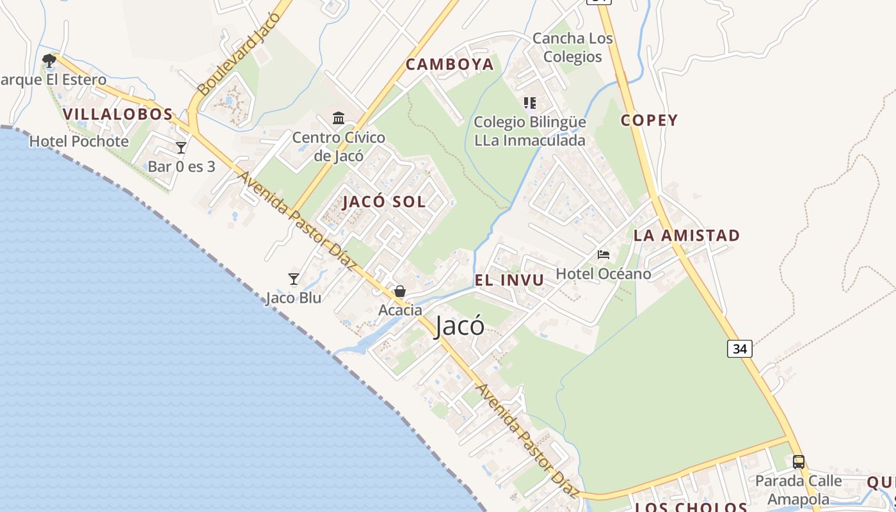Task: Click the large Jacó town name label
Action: (460, 326)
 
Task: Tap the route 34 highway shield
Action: (739, 349)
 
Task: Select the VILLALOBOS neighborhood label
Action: (118, 115)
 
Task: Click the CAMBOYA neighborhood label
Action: (450, 64)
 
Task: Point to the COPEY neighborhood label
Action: (649, 120)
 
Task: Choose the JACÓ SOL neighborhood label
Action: (384, 202)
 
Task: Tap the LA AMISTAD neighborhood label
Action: (686, 236)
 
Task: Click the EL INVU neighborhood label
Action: (509, 280)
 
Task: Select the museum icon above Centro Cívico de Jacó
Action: (339, 118)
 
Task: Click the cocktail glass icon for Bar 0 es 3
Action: (181, 148)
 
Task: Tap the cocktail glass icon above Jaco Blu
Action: (294, 278)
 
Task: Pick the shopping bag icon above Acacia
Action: (400, 291)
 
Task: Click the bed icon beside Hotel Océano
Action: (603, 254)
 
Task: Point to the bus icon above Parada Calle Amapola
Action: (798, 461)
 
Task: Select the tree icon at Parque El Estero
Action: (49, 61)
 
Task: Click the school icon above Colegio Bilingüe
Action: (529, 102)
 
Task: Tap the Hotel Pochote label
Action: (79, 141)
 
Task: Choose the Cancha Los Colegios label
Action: (572, 47)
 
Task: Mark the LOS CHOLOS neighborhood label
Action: (691, 507)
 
